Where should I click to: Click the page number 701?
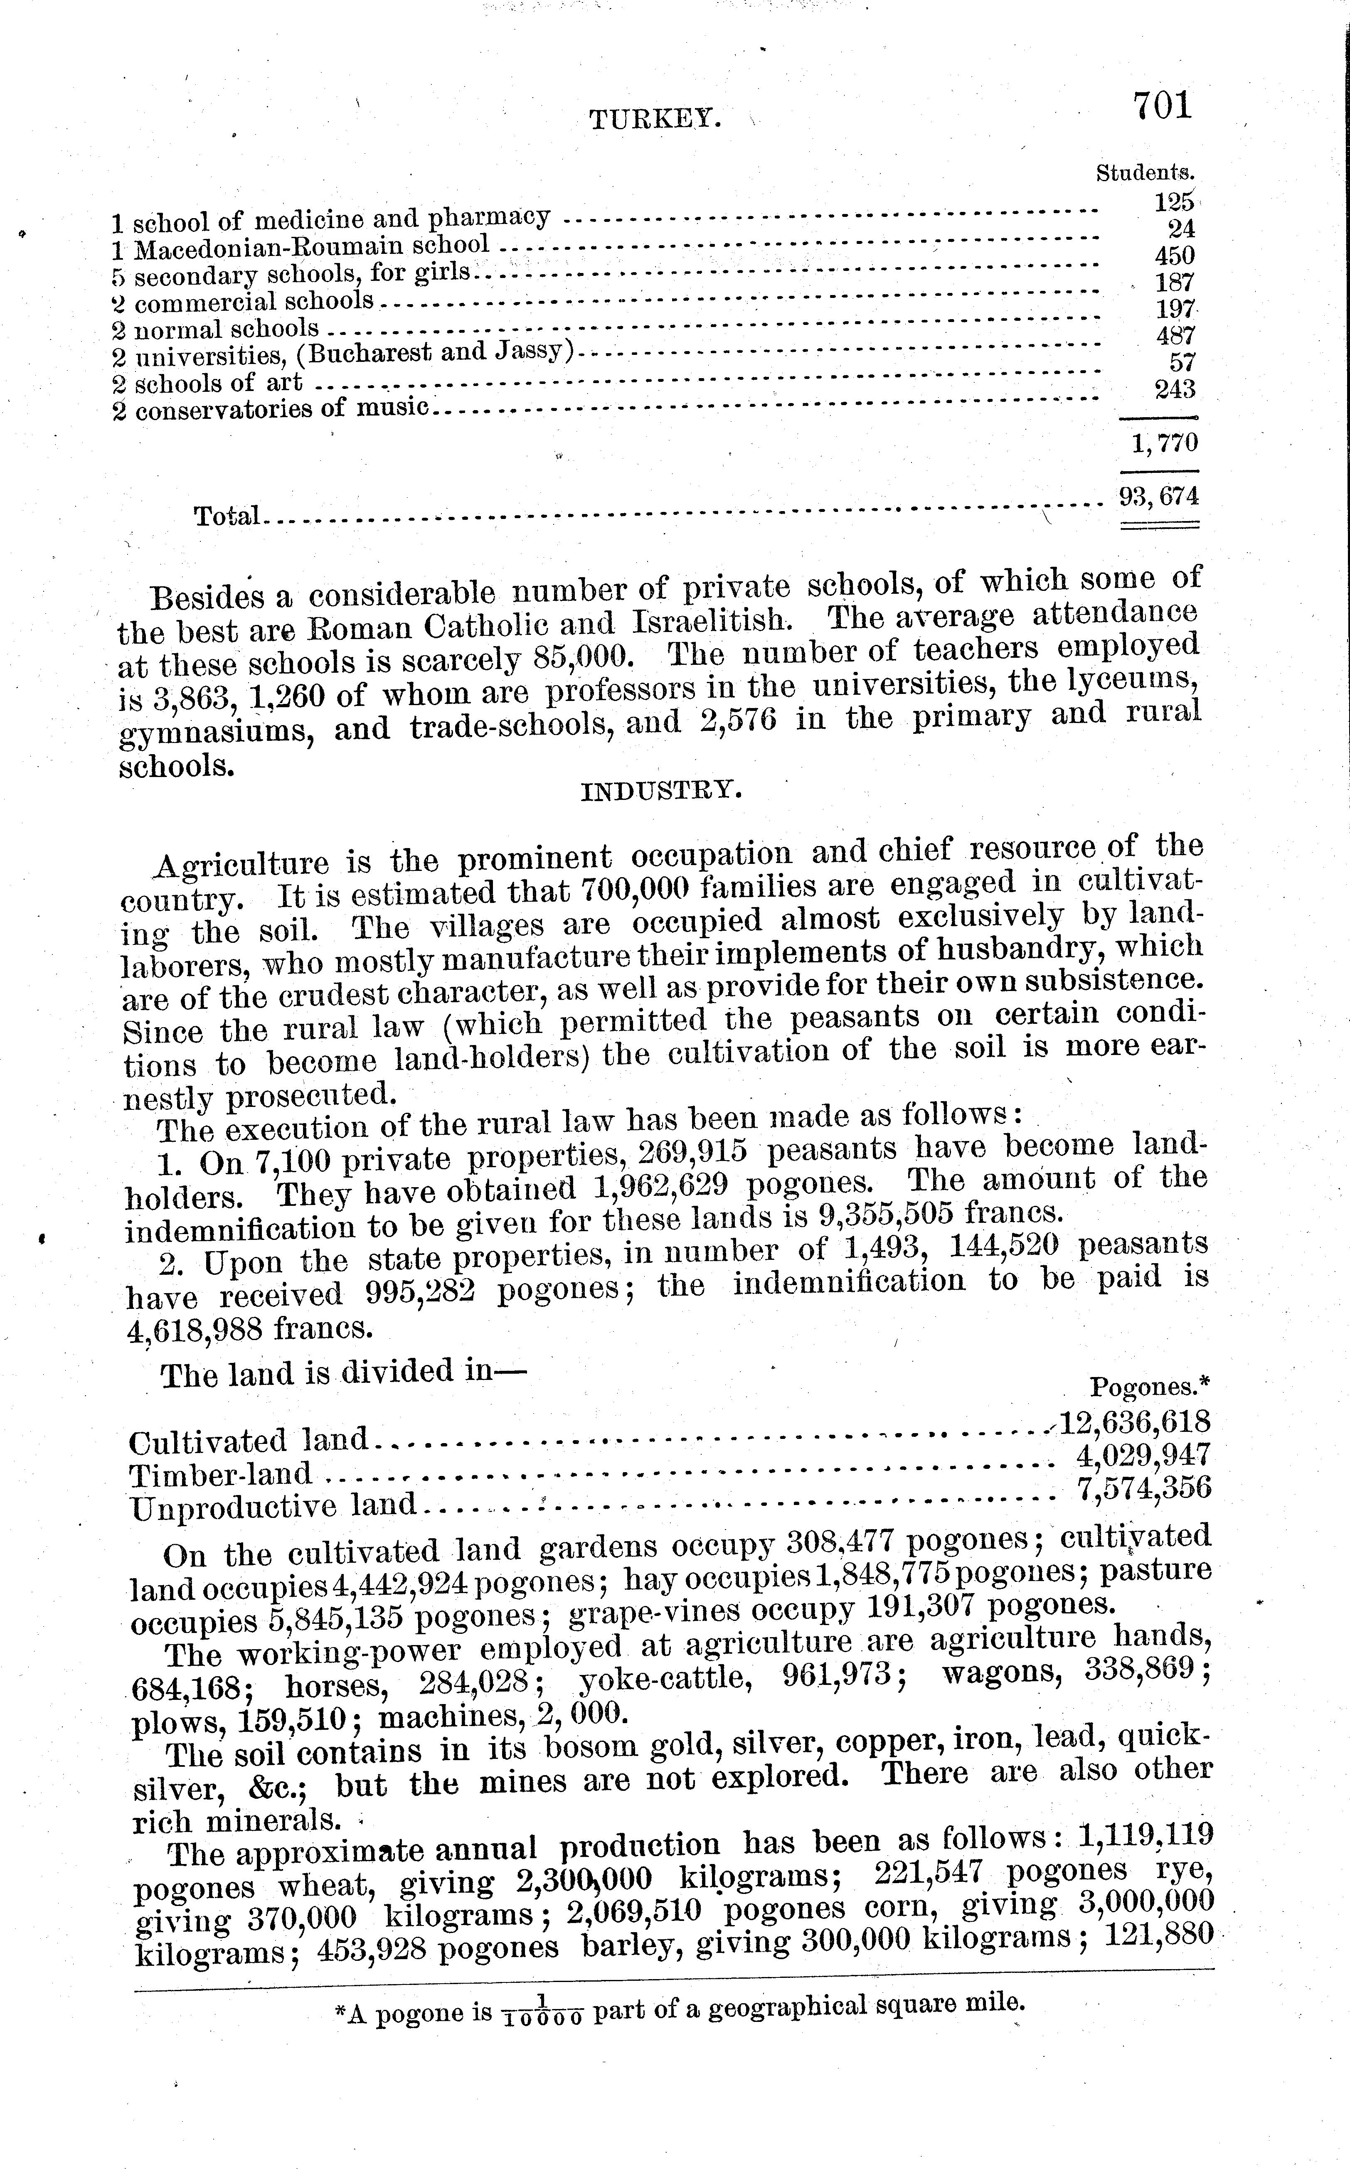[x=1163, y=106]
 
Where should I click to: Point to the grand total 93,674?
[x=1159, y=496]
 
